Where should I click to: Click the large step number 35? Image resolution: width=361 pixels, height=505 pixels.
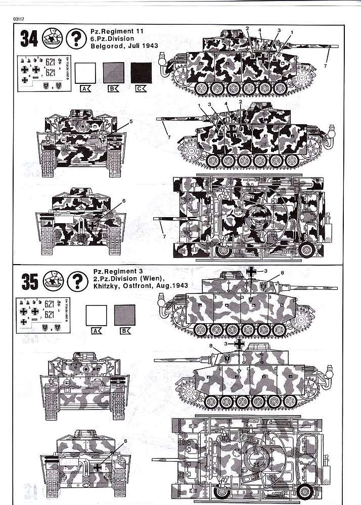(x=30, y=281)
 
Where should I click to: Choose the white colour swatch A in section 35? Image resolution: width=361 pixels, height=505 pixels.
(x=97, y=314)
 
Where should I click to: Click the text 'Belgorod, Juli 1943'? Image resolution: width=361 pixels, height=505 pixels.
(x=124, y=45)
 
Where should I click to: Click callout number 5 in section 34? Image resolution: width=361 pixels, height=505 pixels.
(x=130, y=122)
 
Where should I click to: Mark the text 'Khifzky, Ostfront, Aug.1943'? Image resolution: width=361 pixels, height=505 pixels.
(x=140, y=286)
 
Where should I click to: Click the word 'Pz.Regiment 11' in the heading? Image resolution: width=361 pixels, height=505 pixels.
(x=117, y=31)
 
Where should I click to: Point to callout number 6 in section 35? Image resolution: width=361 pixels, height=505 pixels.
(x=125, y=441)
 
